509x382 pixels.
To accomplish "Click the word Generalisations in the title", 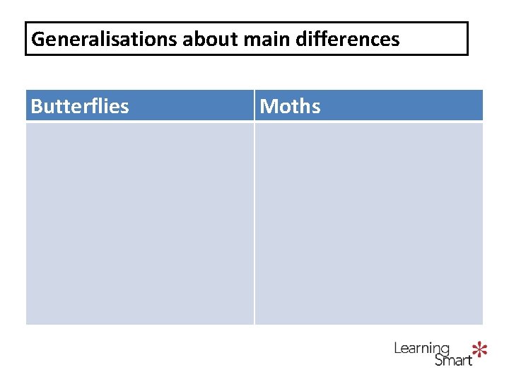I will [105, 39].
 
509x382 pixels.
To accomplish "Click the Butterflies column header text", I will [80, 107].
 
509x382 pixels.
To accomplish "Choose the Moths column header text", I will [290, 107].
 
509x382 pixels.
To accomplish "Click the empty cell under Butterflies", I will [139, 223].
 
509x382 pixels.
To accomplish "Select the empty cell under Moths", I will [368, 223].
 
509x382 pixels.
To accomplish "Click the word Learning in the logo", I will [421, 349].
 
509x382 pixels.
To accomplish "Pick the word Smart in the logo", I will [453, 360].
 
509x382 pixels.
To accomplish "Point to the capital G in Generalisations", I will [38, 39].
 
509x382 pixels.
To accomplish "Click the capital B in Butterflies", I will [37, 107].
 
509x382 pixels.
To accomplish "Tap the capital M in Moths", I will [268, 107].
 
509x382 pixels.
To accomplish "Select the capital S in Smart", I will [438, 360].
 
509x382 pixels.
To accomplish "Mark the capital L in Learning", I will [397, 348].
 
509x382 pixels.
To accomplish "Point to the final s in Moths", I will [315, 108].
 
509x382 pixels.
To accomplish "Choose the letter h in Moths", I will [304, 107].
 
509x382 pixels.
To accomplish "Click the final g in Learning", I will [445, 350].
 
